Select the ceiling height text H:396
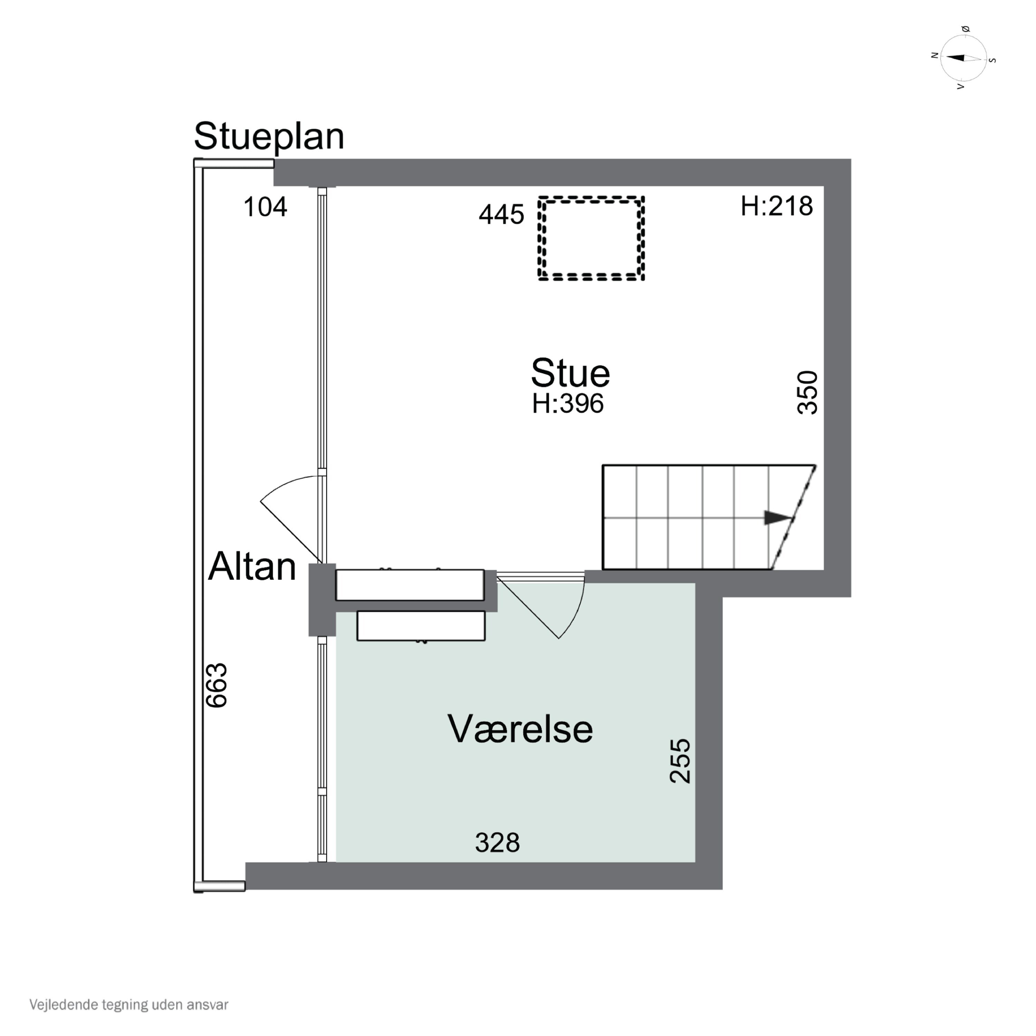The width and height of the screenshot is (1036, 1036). pos(567,404)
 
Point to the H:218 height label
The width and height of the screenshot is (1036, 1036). pos(776,206)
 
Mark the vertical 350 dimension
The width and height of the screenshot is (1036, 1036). pos(808,393)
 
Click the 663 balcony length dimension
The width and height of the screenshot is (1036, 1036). pos(217,686)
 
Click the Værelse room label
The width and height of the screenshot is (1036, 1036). pos(520,729)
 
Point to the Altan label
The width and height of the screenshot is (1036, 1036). pos(252,566)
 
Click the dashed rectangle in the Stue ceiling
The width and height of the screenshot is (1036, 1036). pos(591,198)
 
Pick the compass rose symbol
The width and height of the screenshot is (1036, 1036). pos(963,58)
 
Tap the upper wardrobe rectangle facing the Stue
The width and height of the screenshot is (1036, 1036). pos(410,585)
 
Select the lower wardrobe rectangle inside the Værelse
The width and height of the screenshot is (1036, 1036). pos(421,625)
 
